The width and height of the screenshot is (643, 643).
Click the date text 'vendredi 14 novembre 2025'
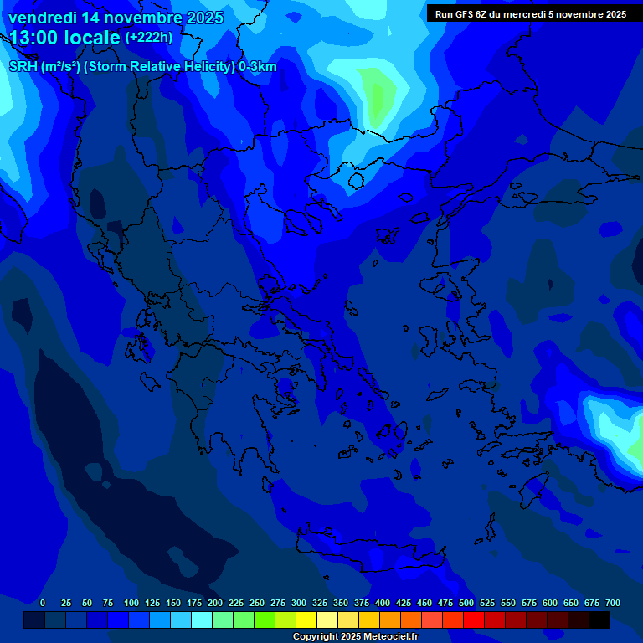tap(116, 18)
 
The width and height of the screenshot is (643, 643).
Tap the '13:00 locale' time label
tap(64, 38)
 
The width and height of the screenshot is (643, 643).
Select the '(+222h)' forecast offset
tap(149, 38)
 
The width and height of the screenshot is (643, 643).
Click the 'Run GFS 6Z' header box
tap(530, 13)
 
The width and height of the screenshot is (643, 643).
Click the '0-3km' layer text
tap(258, 67)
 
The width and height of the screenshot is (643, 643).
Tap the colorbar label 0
tap(43, 604)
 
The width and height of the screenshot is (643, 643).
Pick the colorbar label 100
tap(131, 604)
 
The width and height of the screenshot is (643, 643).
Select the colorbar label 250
tap(257, 604)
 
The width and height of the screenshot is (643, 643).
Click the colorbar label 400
tap(383, 604)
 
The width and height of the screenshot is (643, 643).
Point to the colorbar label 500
tap(466, 604)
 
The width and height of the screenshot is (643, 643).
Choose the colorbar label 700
tap(613, 604)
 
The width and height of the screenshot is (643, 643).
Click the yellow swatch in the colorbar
tap(306, 620)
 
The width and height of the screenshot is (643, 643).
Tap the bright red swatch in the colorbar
tap(474, 620)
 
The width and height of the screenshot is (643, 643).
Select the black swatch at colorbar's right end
tap(599, 620)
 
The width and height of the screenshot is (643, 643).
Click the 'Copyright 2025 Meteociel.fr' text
tap(355, 637)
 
